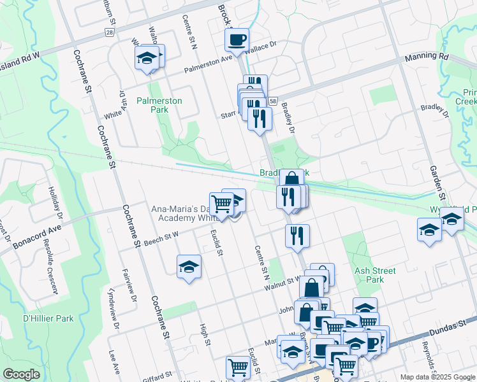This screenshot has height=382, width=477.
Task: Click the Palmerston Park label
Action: click(x=159, y=105)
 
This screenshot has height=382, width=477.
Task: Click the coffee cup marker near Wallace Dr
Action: click(x=237, y=40)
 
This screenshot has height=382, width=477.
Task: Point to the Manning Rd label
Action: click(x=427, y=57)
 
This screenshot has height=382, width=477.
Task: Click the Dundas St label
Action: click(x=457, y=326)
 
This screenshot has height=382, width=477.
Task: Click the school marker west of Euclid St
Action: click(x=189, y=267)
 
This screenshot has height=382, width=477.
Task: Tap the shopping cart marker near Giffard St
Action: click(x=238, y=367)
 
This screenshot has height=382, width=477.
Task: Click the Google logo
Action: click(x=21, y=374)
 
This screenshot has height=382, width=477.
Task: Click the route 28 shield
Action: click(x=109, y=32)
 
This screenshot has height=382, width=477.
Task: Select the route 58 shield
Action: click(x=272, y=101)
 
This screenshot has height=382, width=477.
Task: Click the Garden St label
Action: click(x=436, y=179)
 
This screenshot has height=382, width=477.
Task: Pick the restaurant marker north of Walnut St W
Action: click(x=297, y=236)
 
